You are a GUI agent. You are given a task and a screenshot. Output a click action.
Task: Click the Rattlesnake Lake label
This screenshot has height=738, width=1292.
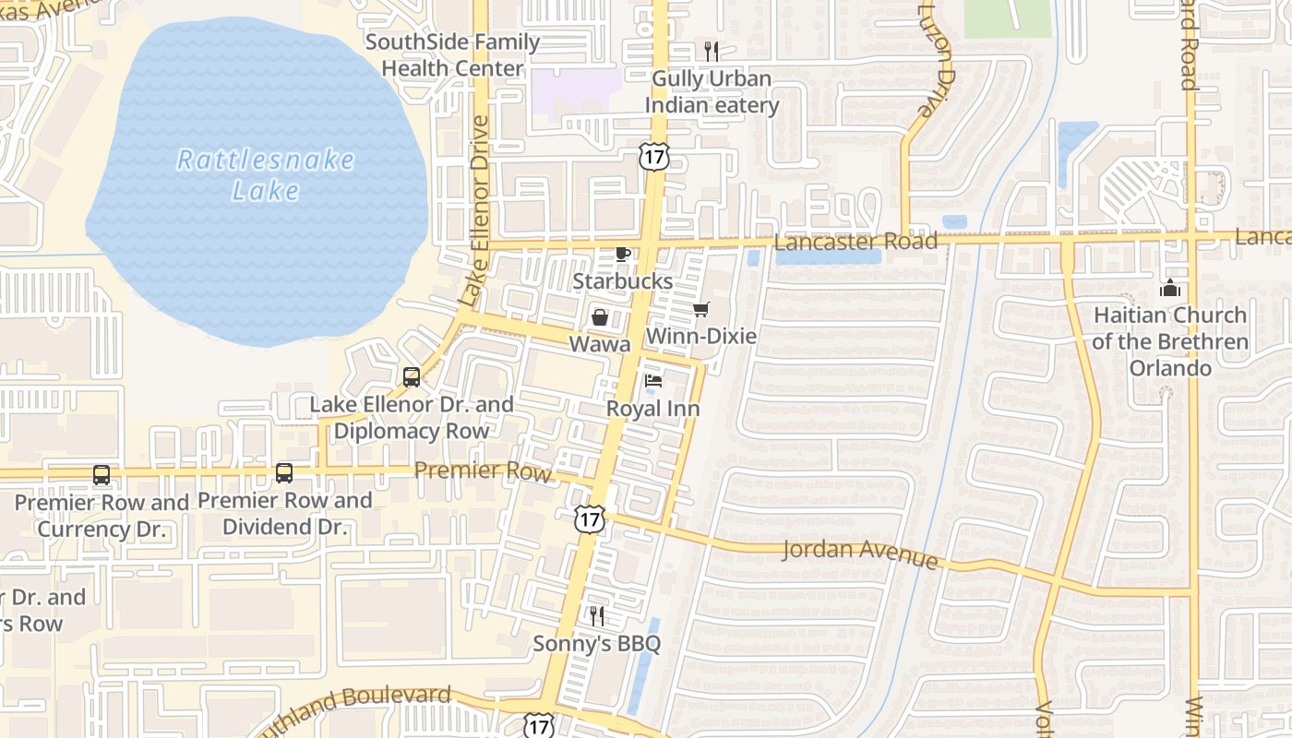pyautogui.click(x=265, y=174)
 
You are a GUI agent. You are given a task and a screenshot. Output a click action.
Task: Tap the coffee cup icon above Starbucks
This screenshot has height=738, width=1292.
pyautogui.click(x=623, y=254)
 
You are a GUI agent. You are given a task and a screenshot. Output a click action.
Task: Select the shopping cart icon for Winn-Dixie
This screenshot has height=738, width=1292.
pyautogui.click(x=701, y=310)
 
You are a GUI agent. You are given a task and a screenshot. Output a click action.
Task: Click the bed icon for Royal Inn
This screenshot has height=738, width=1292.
pyautogui.click(x=652, y=381)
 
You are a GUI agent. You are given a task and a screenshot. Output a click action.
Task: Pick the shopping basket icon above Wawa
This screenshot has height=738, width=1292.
pyautogui.click(x=600, y=318)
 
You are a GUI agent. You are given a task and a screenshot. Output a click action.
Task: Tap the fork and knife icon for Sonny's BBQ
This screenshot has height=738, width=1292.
pyautogui.click(x=597, y=615)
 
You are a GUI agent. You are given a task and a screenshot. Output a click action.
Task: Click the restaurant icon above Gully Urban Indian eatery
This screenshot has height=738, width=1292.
pyautogui.click(x=711, y=52)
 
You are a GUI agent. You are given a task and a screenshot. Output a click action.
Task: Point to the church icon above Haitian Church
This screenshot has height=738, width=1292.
pyautogui.click(x=1170, y=288)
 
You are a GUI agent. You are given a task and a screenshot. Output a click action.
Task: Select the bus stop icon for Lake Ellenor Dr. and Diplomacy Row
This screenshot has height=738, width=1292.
pyautogui.click(x=412, y=376)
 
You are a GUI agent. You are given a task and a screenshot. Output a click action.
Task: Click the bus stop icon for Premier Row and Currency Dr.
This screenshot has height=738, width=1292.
pyautogui.click(x=102, y=475)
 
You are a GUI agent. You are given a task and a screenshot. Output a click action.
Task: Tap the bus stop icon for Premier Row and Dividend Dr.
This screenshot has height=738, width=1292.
pyautogui.click(x=284, y=473)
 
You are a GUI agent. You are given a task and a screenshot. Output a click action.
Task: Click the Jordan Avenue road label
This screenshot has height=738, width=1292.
pyautogui.click(x=860, y=553)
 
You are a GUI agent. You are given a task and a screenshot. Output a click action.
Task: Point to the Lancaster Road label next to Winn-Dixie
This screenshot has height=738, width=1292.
pyautogui.click(x=855, y=242)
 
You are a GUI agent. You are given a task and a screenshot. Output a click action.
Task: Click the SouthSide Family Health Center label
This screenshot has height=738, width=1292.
pyautogui.click(x=452, y=55)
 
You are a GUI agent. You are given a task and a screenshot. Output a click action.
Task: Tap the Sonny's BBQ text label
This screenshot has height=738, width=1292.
pyautogui.click(x=597, y=644)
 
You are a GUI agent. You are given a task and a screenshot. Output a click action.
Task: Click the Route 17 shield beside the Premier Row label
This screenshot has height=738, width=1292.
pyautogui.click(x=589, y=519)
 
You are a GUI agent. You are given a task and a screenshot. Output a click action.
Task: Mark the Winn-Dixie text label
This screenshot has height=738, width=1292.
pyautogui.click(x=701, y=337)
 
